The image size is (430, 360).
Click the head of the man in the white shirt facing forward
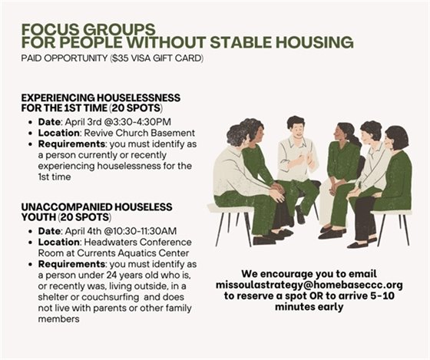(295, 125)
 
